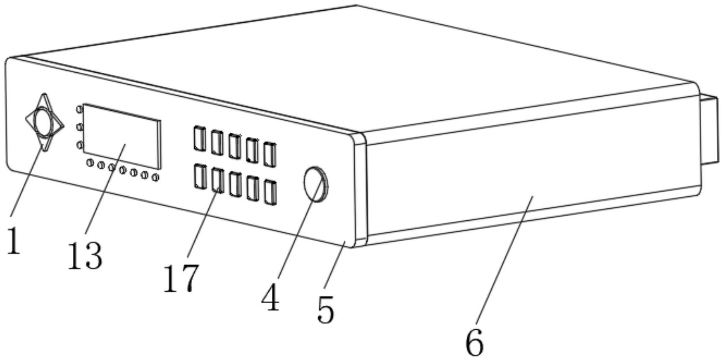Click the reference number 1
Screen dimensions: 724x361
tap(13, 241)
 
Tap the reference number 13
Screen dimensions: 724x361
tap(85, 255)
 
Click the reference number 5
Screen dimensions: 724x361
tap(325, 309)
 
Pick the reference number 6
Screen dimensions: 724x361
tap(475, 342)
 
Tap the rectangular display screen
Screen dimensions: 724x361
tap(122, 136)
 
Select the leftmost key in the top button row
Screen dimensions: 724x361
tap(199, 138)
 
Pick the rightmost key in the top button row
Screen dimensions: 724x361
tap(270, 154)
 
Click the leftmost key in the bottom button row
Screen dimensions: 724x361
tap(199, 176)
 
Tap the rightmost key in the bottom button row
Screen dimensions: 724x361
tap(270, 192)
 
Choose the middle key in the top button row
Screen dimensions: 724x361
tap(234, 146)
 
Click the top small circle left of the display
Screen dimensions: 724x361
tap(80, 109)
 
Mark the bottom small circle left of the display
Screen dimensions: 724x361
tap(80, 145)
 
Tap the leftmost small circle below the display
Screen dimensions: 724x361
tap(90, 163)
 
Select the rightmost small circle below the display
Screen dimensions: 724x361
tap(155, 177)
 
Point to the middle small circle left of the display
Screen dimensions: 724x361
tap(79, 127)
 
